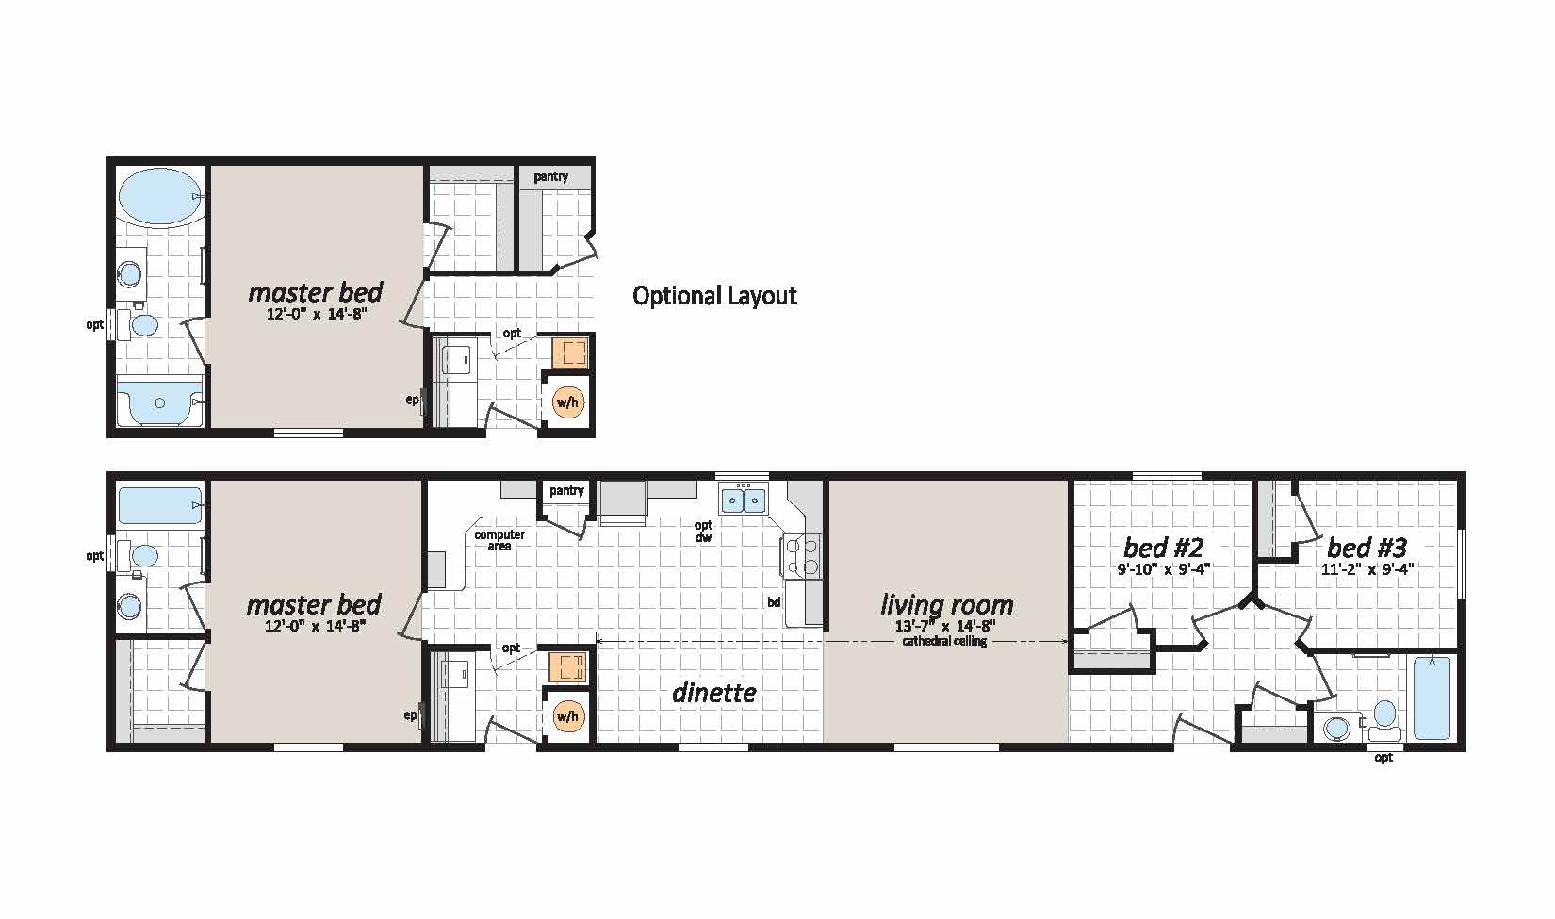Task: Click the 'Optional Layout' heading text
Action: [x=714, y=296]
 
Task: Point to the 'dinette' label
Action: [x=714, y=693]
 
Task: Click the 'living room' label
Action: [x=947, y=604]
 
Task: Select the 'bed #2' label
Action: [x=1163, y=549]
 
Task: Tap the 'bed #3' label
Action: [x=1367, y=549]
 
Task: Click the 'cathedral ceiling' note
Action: [x=944, y=641]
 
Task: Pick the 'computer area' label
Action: [x=499, y=541]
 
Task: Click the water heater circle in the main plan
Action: [x=567, y=716]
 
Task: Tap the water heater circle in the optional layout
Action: [x=567, y=402]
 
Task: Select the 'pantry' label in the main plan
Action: [x=566, y=491]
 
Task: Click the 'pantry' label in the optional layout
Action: [x=551, y=177]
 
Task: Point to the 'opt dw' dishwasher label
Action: [x=703, y=531]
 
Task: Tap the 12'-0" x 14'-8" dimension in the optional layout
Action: [x=316, y=314]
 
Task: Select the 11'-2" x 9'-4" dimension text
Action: [x=1367, y=570]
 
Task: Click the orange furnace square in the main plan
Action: [x=568, y=666]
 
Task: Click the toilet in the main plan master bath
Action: [x=138, y=555]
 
